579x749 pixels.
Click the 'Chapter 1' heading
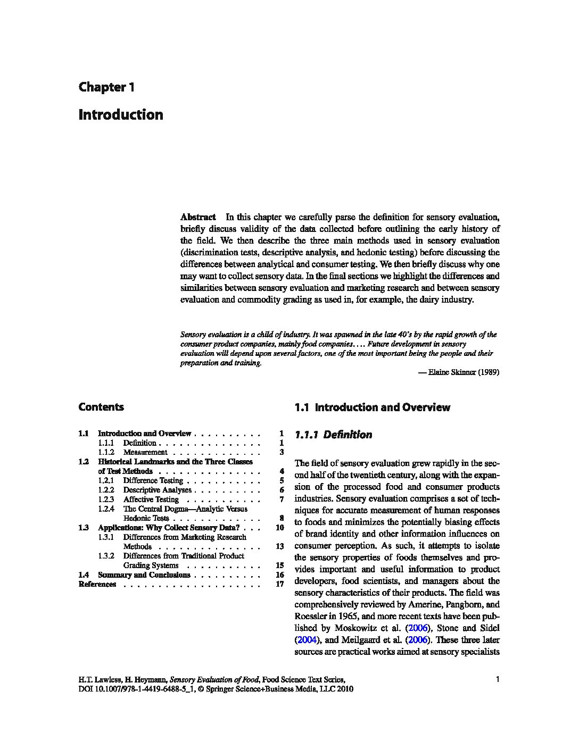(x=106, y=87)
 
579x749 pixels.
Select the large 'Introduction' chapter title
(x=121, y=115)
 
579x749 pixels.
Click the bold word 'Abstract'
(x=198, y=217)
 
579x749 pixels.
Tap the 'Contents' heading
(x=101, y=407)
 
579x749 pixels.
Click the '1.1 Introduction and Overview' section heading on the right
(x=372, y=408)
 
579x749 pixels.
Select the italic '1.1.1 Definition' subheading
(x=333, y=435)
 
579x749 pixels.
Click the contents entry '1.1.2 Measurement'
(x=145, y=452)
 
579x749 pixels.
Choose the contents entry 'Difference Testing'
(x=153, y=480)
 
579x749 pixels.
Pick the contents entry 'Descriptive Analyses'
(x=157, y=490)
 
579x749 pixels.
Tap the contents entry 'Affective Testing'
(x=151, y=500)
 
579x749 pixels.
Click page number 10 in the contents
(x=280, y=528)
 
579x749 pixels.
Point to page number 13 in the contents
(x=280, y=546)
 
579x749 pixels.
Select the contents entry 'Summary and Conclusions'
(x=144, y=575)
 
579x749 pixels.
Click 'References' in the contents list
(x=97, y=584)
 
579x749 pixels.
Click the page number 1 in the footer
(x=497, y=679)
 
